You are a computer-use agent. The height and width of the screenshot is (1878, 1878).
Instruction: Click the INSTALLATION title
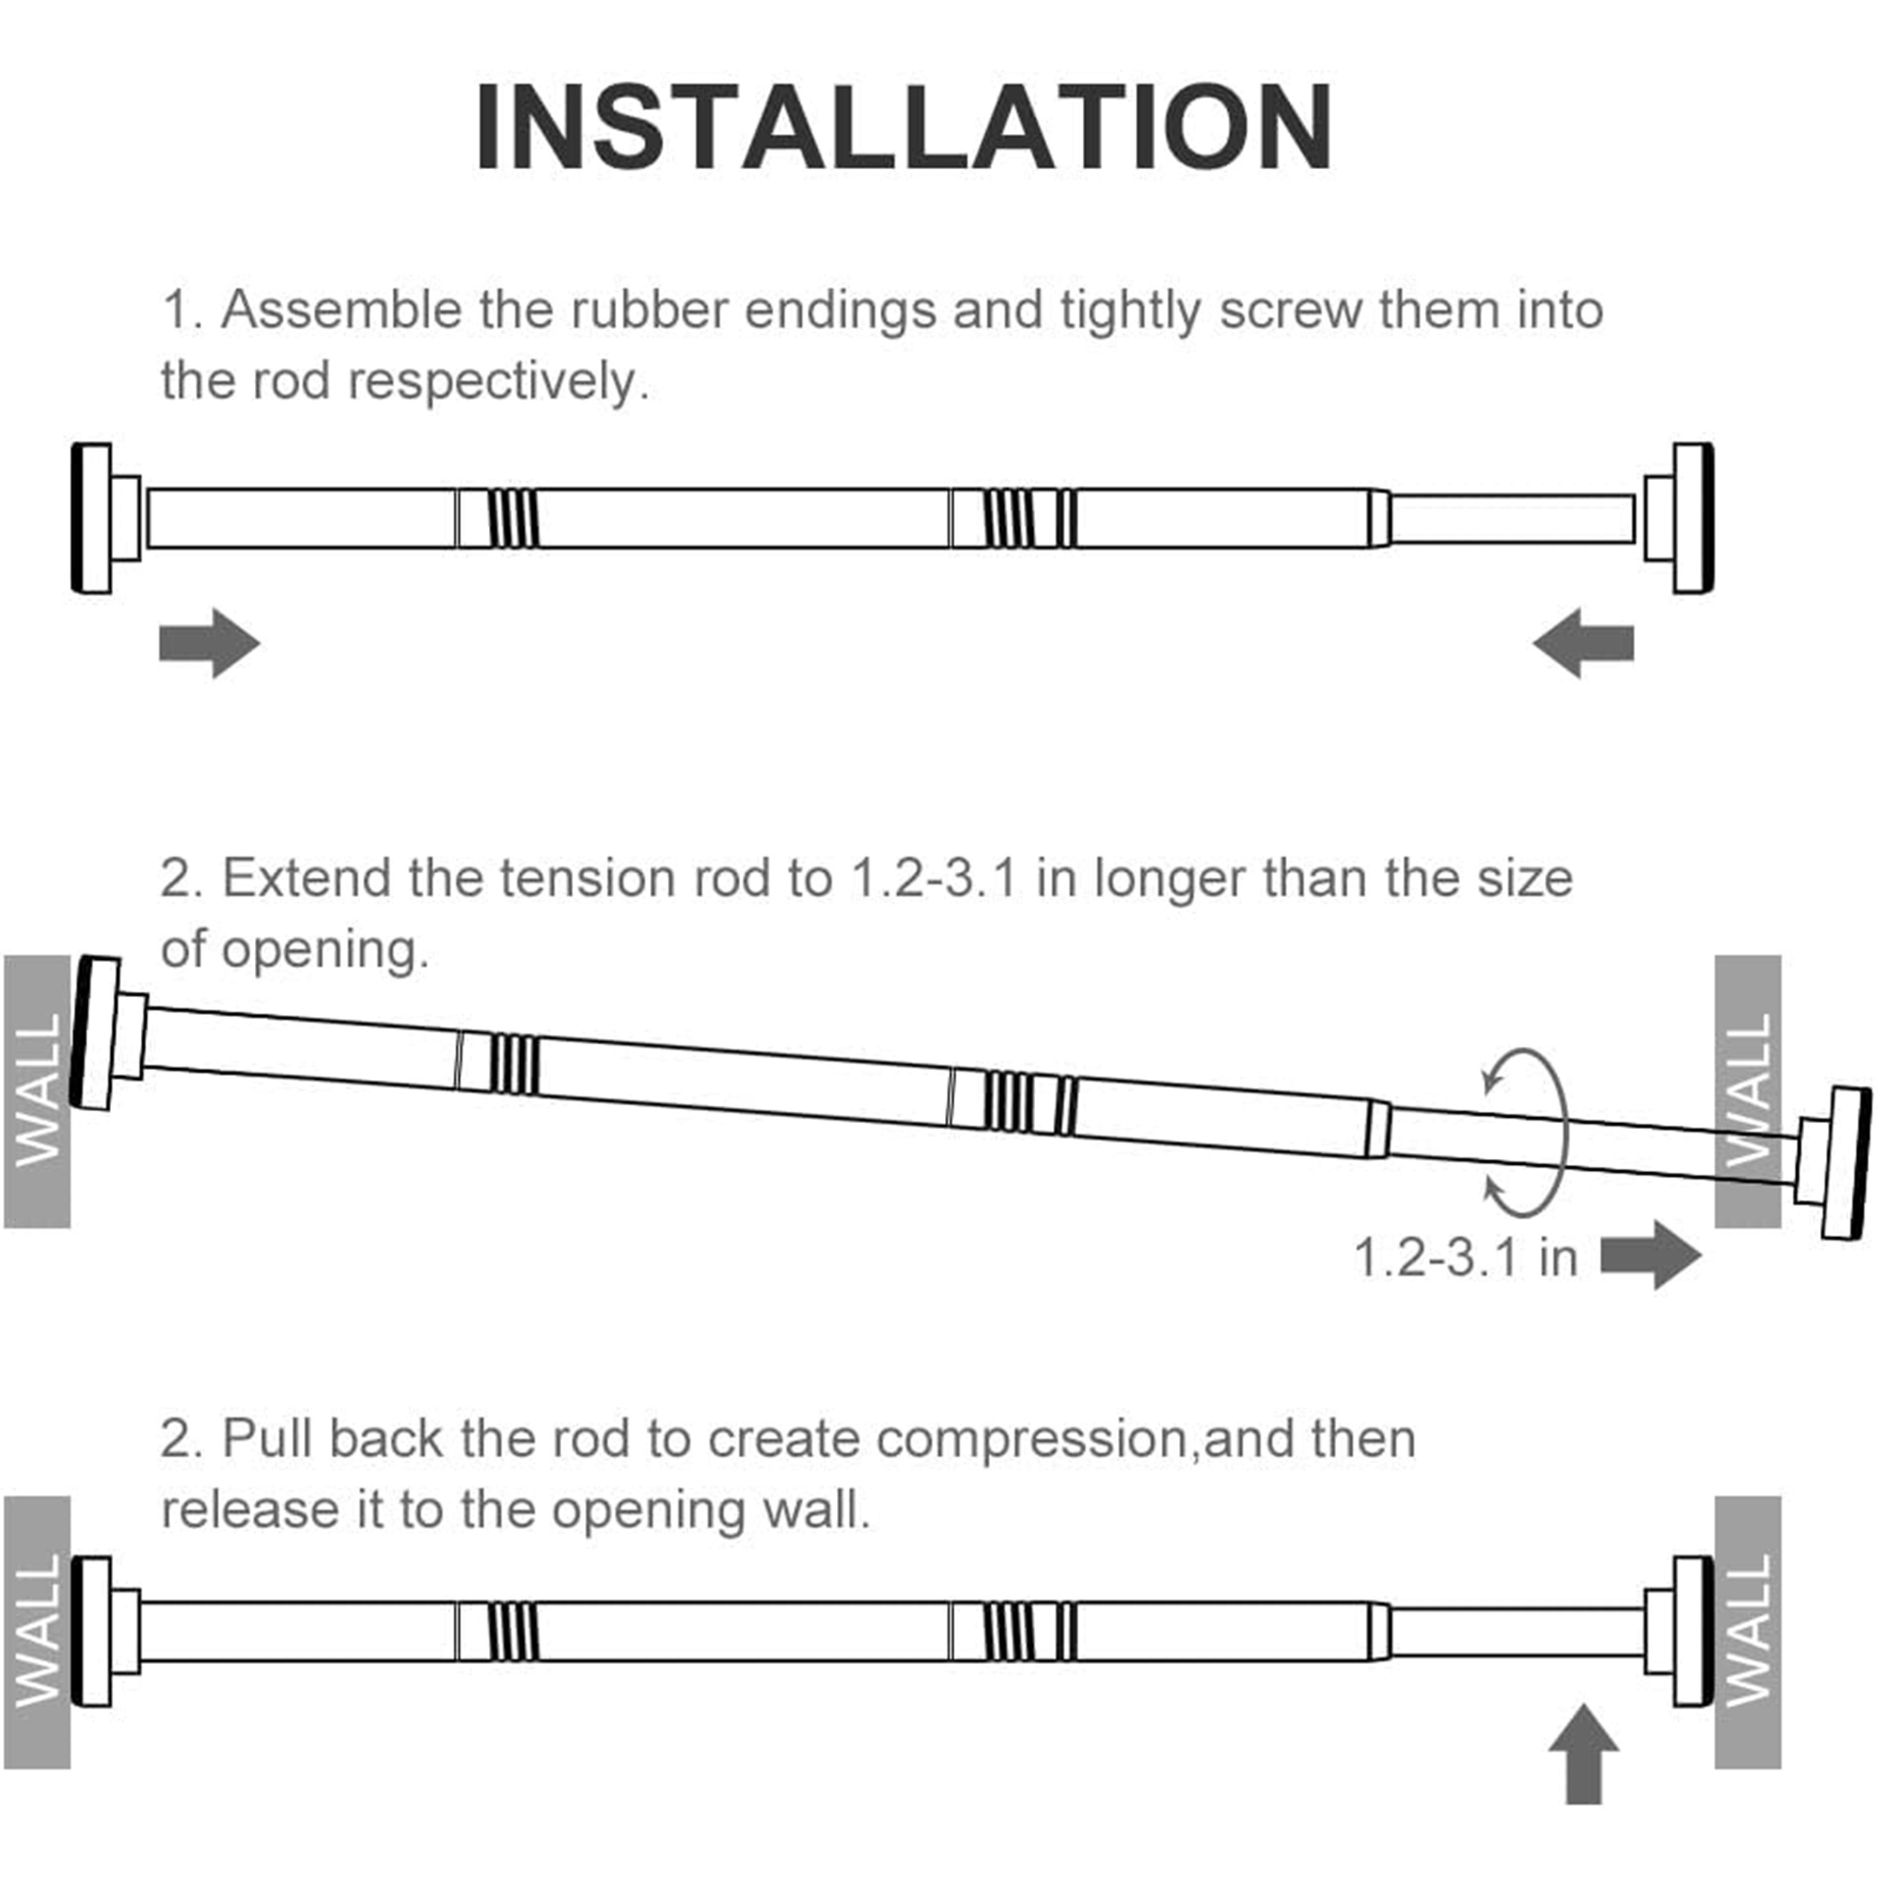click(x=904, y=128)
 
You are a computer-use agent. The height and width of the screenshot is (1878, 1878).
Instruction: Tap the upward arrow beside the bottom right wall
click(x=1584, y=1753)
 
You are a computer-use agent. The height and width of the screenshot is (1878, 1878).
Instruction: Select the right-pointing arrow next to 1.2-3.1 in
click(x=1651, y=1255)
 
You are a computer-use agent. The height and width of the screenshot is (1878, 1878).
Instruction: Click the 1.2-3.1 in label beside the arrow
click(x=1465, y=1257)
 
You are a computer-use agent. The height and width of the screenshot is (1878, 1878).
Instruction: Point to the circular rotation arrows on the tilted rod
click(x=1526, y=1133)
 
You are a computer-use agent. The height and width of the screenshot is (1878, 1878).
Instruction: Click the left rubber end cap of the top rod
click(x=92, y=518)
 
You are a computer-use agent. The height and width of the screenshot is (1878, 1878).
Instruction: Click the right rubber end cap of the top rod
click(x=1692, y=518)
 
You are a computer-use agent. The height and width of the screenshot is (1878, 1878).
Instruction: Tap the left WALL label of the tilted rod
click(x=37, y=1090)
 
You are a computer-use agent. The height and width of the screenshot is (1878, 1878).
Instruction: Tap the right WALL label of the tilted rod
click(x=1747, y=1090)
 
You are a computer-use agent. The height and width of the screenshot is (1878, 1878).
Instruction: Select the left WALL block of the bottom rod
click(x=37, y=1632)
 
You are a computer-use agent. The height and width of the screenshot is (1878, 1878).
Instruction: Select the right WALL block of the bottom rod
click(x=1747, y=1632)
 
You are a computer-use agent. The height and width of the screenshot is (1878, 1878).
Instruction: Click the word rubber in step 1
click(x=648, y=310)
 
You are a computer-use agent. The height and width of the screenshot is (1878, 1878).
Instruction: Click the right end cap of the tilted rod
click(x=1845, y=1163)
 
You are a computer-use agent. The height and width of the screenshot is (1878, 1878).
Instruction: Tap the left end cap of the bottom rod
click(x=92, y=1632)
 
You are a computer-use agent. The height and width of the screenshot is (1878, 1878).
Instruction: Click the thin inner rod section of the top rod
click(x=1511, y=519)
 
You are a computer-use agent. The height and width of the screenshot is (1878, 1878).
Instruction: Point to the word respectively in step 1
click(x=498, y=381)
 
